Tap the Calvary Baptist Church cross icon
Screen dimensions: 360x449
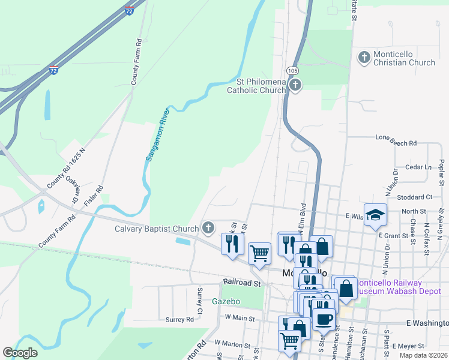208,228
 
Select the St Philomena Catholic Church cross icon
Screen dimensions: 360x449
295,85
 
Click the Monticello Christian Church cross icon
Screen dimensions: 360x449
364,58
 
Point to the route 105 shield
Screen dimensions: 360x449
292,71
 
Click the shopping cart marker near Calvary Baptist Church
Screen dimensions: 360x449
259,254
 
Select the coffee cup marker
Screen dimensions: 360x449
324,319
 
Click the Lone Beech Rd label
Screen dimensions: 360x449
396,143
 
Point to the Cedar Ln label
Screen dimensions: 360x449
418,167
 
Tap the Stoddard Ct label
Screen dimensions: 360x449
415,197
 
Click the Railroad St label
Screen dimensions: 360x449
241,282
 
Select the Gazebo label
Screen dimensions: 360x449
226,301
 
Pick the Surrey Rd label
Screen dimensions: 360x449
181,320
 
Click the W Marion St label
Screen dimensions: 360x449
232,344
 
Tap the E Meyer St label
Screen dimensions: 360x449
408,346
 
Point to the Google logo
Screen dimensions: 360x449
20,352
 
